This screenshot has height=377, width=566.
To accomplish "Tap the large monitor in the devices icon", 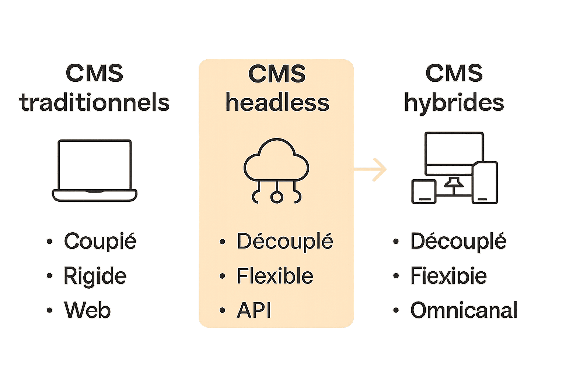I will click(x=454, y=153).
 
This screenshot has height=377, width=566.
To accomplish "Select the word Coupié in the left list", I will click(x=100, y=242).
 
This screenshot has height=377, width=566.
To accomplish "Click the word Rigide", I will click(x=95, y=276).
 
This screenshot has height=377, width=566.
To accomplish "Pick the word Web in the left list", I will click(x=87, y=310).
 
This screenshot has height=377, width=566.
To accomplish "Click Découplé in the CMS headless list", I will click(x=285, y=242).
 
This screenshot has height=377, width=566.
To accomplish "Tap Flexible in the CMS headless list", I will click(x=275, y=276).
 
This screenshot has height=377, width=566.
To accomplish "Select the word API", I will click(x=254, y=310).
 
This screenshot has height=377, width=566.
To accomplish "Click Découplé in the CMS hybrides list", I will click(x=458, y=242).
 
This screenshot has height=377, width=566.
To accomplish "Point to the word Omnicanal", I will click(x=464, y=310).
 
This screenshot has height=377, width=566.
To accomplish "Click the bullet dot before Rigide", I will click(x=49, y=276).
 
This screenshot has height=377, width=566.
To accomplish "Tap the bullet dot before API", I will click(x=222, y=310).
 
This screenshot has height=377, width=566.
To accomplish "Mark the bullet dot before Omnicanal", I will click(x=396, y=310).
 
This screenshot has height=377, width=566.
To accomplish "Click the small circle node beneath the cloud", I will click(x=276, y=197).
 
